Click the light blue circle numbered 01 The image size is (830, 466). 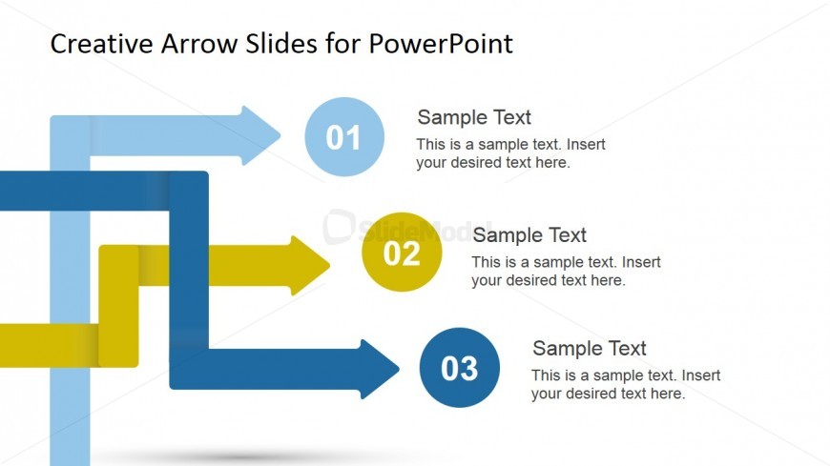344,136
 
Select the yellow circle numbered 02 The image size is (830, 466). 402,252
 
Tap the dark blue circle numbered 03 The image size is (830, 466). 460,368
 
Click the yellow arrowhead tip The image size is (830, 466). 330,265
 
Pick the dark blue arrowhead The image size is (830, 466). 380,369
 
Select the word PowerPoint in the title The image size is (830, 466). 441,44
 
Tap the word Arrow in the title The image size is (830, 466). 199,44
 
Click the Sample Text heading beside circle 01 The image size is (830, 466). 474,117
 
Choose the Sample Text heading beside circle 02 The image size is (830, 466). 529,234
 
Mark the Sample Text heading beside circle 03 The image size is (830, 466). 590,348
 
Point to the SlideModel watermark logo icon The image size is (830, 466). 339,227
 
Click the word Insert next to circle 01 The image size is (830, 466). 587,145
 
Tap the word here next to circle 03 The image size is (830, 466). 668,394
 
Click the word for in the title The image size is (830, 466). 343,44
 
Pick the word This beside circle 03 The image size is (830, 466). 545,375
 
